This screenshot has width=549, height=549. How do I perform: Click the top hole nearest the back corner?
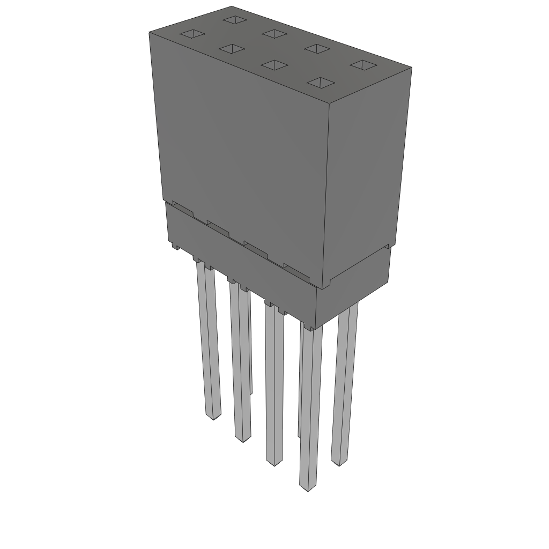click(234, 20)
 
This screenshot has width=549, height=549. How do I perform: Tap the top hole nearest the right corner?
click(363, 65)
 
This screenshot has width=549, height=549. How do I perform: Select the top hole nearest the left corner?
click(191, 35)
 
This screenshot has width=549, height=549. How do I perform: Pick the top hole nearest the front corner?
click(321, 83)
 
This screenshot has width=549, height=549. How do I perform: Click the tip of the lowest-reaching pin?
click(307, 488)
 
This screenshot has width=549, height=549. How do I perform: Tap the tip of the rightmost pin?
click(337, 462)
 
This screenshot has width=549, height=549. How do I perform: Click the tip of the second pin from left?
click(243, 439)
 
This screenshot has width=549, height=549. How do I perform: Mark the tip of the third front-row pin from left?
click(274, 463)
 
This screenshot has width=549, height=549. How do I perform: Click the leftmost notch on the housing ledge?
click(182, 210)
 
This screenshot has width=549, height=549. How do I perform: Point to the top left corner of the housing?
click(149, 32)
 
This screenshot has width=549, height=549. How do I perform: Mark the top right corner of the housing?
click(411, 68)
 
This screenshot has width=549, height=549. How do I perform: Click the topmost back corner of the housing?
click(232, 6)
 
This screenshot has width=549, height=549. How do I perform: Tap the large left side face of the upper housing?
click(241, 155)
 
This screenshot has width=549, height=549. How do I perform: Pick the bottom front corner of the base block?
click(316, 328)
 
